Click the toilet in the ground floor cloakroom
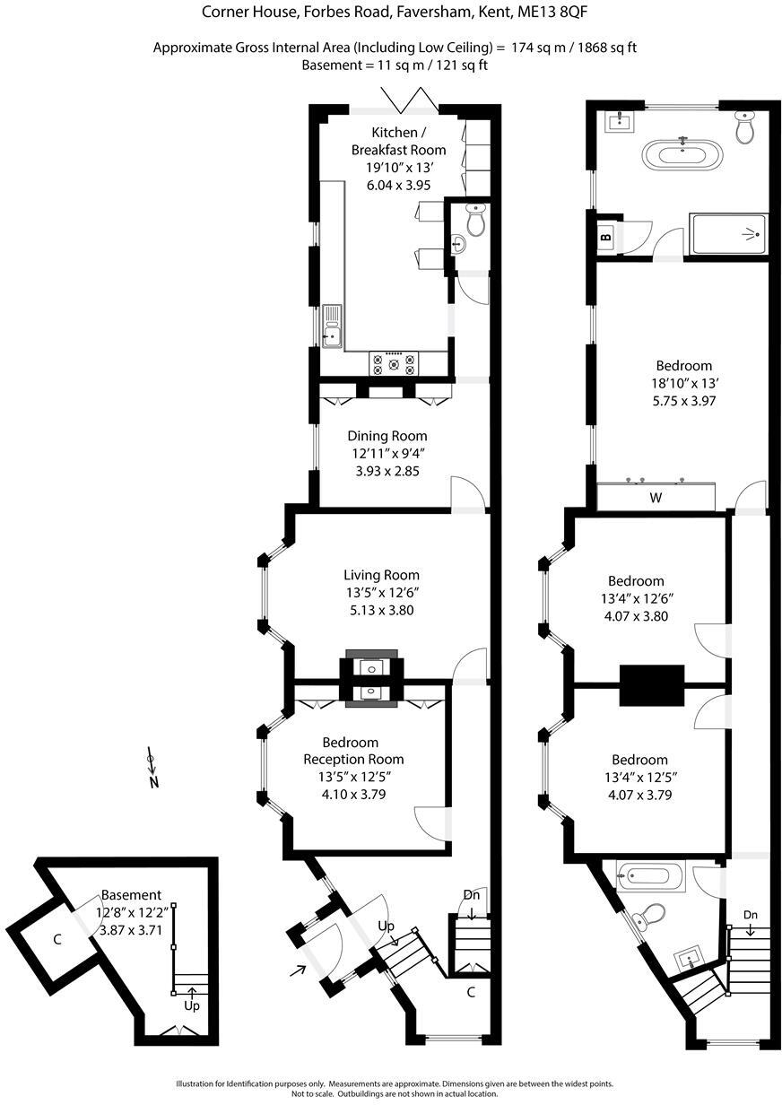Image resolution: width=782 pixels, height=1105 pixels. point(476,219)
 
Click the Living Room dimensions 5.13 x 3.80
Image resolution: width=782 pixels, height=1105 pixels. point(382,610)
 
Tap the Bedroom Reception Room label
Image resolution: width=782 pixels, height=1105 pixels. point(350,751)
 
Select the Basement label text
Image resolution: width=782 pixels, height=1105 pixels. point(131,894)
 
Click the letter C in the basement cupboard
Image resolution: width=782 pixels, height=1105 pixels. point(56,940)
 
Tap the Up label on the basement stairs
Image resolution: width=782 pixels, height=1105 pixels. point(192,1005)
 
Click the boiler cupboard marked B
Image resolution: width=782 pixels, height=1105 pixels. point(606,238)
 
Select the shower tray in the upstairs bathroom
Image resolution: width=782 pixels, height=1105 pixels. point(727,235)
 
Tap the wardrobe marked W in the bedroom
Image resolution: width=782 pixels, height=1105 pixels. point(656,497)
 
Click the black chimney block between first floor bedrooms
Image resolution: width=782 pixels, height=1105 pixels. point(652,685)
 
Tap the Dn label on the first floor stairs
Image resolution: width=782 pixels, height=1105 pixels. point(751,915)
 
